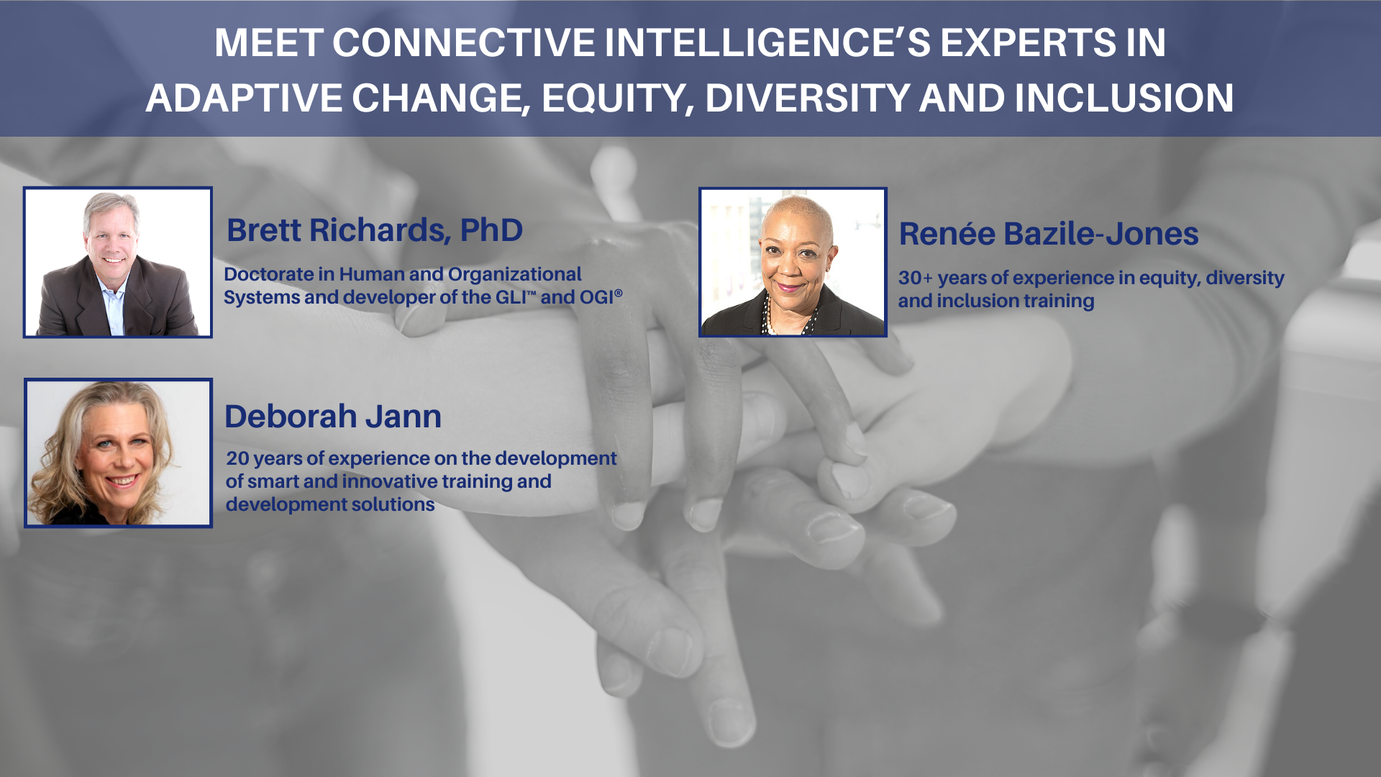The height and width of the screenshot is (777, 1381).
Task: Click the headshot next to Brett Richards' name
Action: click(x=118, y=263)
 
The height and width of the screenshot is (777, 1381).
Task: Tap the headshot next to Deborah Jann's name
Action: click(x=119, y=453)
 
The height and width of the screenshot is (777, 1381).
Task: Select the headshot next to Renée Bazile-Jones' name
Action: click(x=793, y=263)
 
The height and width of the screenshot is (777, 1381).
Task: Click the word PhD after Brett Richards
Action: click(x=491, y=230)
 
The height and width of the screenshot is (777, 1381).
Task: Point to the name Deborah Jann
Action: click(x=333, y=417)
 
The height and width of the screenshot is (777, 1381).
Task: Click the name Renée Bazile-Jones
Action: click(x=1049, y=234)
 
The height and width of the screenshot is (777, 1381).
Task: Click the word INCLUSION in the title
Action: click(x=1124, y=98)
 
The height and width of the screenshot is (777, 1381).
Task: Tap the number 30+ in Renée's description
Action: click(x=916, y=278)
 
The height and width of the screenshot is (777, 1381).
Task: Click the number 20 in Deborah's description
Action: click(x=238, y=458)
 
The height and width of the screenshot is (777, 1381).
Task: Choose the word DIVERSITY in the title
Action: click(x=808, y=98)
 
